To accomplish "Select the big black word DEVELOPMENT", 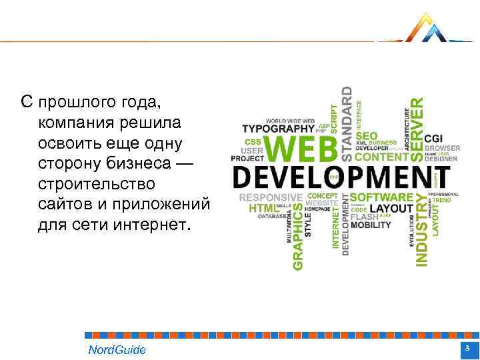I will click(341, 179).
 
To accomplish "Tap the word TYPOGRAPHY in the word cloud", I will click(277, 128).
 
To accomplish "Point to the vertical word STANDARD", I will click(347, 122).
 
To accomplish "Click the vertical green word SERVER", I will click(415, 121).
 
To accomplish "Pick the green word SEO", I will click(366, 135).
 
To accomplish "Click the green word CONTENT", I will click(381, 157).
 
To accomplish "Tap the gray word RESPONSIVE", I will click(271, 197).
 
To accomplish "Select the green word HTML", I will click(261, 208).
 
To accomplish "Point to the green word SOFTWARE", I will click(381, 197).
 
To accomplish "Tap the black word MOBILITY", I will click(371, 225).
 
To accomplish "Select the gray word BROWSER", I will click(443, 148).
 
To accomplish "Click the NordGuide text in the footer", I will click(117, 350).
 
